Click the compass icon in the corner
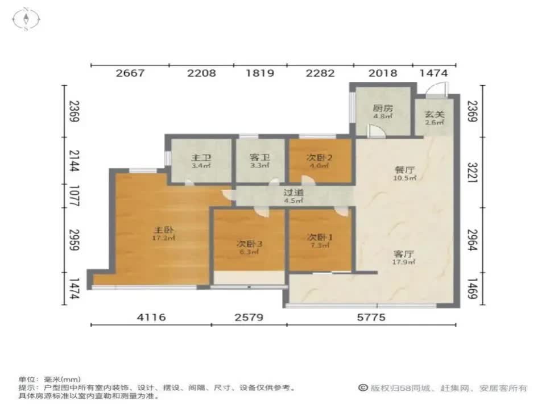(x=26, y=19)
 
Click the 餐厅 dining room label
(x=404, y=169)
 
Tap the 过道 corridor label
(x=293, y=192)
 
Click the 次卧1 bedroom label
(x=319, y=237)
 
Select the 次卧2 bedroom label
(x=319, y=157)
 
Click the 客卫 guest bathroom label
(x=259, y=158)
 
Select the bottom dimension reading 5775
(x=370, y=318)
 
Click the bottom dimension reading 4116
(x=151, y=318)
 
